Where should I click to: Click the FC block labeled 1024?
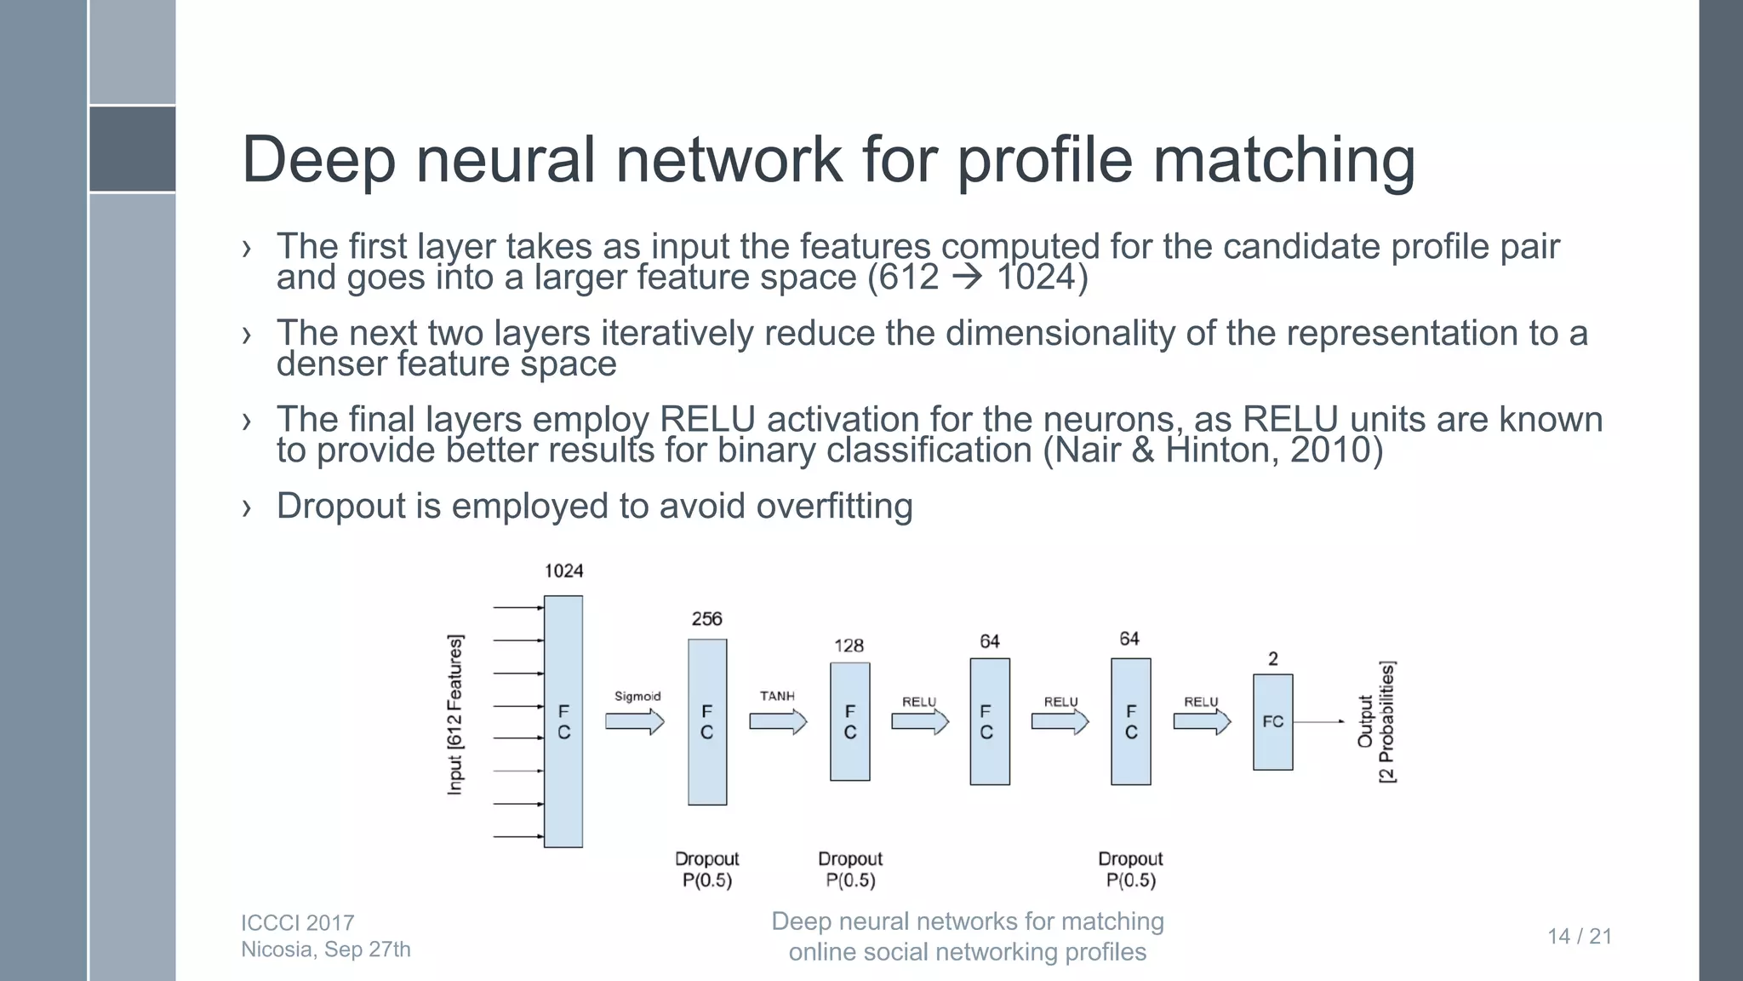(x=563, y=721)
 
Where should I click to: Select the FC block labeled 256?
(x=707, y=721)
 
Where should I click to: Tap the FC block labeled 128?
(x=850, y=721)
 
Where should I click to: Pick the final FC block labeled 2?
(x=1272, y=721)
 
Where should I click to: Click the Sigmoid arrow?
(x=634, y=722)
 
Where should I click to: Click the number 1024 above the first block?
(x=563, y=571)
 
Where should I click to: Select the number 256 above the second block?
(x=706, y=619)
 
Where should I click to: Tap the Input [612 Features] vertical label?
(x=455, y=714)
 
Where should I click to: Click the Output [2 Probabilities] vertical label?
(x=1375, y=722)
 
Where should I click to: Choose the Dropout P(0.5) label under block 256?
(x=706, y=869)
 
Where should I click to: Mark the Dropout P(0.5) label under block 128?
(x=850, y=869)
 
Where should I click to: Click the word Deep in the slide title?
(x=318, y=160)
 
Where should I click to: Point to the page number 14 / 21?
(x=1580, y=936)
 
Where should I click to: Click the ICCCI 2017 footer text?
(x=297, y=922)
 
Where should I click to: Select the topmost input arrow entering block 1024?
(x=517, y=608)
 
